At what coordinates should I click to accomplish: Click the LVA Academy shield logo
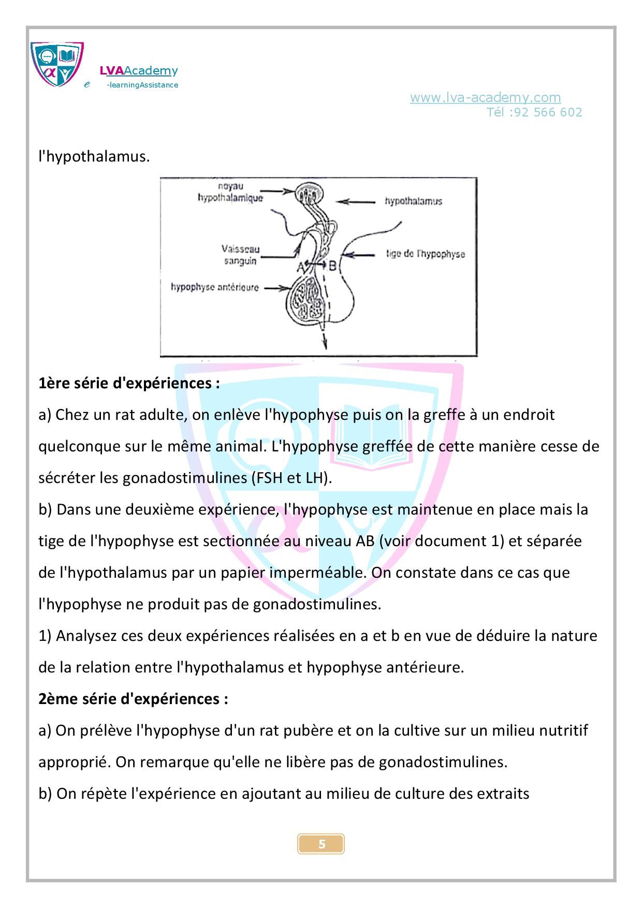pyautogui.click(x=57, y=64)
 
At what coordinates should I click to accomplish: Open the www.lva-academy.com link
pyautogui.click(x=485, y=97)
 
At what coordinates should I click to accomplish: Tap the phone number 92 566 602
pyautogui.click(x=548, y=112)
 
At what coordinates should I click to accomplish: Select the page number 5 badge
pyautogui.click(x=321, y=844)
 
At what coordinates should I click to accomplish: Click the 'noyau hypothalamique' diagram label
pyautogui.click(x=230, y=192)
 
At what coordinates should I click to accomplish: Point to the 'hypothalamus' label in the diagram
pyautogui.click(x=413, y=201)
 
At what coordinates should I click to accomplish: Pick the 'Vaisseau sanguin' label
pyautogui.click(x=241, y=255)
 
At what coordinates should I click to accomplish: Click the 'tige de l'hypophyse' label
pyautogui.click(x=426, y=254)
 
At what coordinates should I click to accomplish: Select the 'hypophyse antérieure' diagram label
pyautogui.click(x=214, y=287)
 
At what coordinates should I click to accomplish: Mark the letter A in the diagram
pyautogui.click(x=300, y=267)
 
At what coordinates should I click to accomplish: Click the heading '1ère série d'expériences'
pyautogui.click(x=129, y=384)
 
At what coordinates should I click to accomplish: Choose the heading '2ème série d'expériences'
pyautogui.click(x=133, y=699)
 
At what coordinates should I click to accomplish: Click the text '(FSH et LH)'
pyautogui.click(x=290, y=478)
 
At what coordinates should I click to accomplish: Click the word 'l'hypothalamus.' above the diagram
pyautogui.click(x=94, y=156)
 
